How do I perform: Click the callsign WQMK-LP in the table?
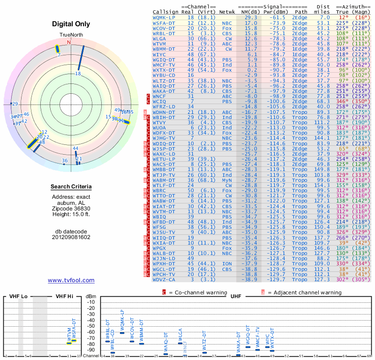click(165, 17)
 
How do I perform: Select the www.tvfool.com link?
click(71, 280)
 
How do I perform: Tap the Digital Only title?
click(71, 24)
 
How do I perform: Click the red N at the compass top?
click(69, 42)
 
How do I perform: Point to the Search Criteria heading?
click(71, 187)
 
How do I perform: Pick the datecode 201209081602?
click(71, 237)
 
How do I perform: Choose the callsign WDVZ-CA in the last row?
click(165, 279)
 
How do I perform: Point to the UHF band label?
click(236, 297)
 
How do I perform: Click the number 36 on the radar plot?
click(65, 161)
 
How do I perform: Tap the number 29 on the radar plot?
click(15, 104)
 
